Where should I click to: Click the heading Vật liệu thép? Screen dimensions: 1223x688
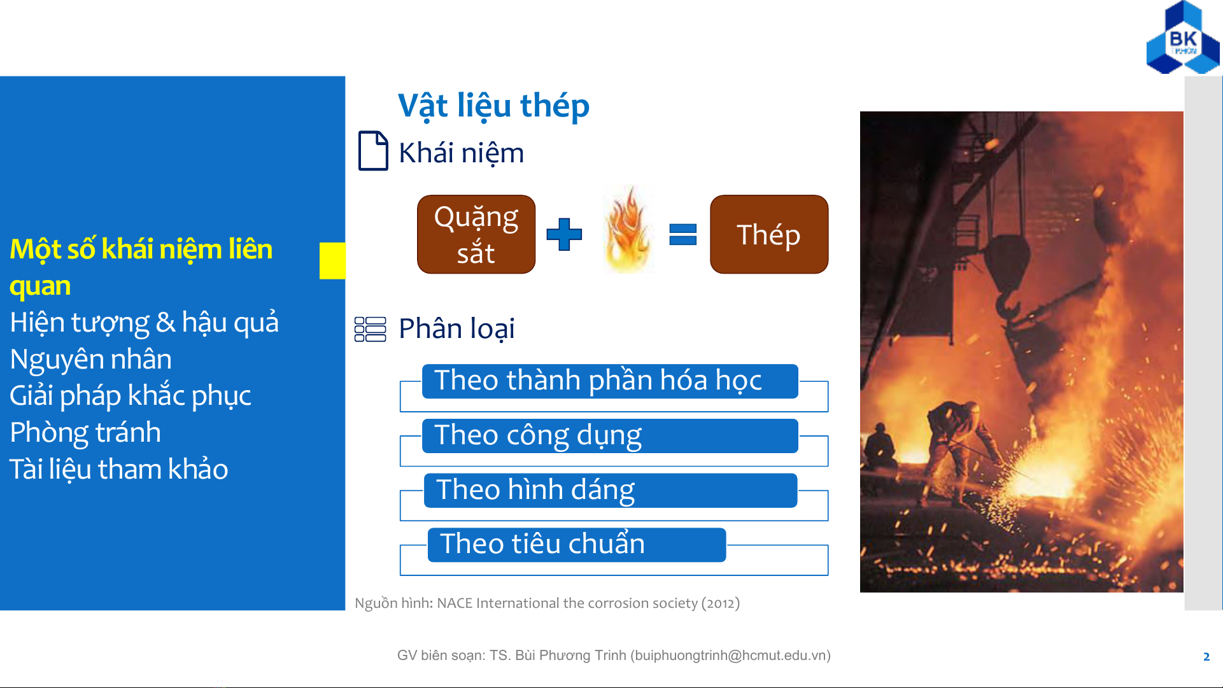[493, 106]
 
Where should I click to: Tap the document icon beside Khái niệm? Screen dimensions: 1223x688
[373, 151]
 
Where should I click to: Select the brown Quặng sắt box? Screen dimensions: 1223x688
[476, 234]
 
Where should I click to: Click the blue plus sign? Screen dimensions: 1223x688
[564, 234]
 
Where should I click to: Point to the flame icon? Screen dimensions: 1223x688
[628, 229]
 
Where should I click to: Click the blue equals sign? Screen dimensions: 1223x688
[683, 234]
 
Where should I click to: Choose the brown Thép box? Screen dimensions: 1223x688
[769, 234]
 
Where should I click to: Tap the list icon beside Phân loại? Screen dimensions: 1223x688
[370, 329]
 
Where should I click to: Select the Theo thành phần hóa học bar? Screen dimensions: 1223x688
[610, 381]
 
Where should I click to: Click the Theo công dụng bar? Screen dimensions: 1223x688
[610, 436]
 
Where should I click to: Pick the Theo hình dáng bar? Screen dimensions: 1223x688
[611, 491]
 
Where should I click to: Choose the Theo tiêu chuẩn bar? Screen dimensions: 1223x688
[577, 545]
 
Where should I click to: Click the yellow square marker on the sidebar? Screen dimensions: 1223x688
[332, 260]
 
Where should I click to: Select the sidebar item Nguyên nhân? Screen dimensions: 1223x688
[91, 360]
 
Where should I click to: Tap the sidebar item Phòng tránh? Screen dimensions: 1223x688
[85, 433]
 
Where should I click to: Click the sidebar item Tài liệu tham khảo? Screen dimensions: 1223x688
[119, 470]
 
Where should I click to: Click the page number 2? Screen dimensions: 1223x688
[1206, 657]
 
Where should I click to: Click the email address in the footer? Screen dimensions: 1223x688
[730, 656]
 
